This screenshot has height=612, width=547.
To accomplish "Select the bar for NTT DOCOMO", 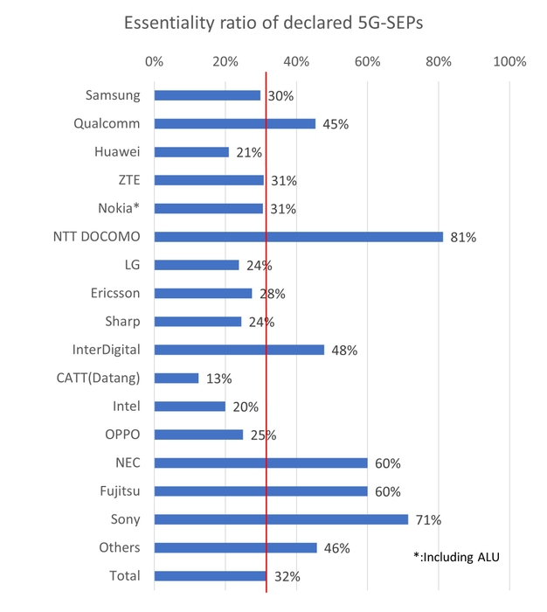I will [x=298, y=237].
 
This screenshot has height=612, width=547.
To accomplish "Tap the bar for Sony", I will [x=280, y=519].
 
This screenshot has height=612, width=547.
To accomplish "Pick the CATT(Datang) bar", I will [x=177, y=378].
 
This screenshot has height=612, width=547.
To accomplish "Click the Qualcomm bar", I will [x=234, y=123].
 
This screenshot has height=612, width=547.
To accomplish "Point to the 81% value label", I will [x=462, y=237].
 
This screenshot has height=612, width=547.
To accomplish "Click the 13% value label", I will [x=219, y=379].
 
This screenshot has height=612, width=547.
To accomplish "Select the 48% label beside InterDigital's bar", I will [x=344, y=351].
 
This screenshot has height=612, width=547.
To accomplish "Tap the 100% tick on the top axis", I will [x=509, y=61].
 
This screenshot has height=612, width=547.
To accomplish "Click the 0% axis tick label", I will [x=154, y=61].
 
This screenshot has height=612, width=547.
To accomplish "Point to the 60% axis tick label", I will [x=367, y=61].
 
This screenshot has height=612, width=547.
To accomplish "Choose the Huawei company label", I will [x=117, y=152].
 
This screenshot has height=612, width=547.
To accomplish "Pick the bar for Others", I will [x=235, y=547].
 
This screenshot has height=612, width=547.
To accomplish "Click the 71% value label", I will [x=428, y=520].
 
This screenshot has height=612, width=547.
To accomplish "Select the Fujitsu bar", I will [x=260, y=491].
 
